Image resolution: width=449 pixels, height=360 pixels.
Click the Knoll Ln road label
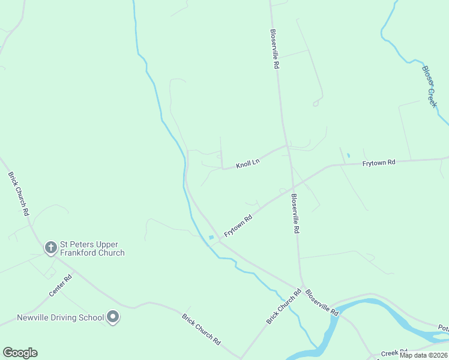pyautogui.click(x=247, y=163)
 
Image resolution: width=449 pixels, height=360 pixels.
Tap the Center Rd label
pyautogui.click(x=61, y=285)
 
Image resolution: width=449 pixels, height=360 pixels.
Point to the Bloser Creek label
pyautogui.click(x=430, y=86)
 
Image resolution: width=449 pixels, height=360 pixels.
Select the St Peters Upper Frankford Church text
pyautogui.click(x=92, y=248)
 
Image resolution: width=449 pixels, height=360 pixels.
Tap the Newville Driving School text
pyautogui.click(x=60, y=317)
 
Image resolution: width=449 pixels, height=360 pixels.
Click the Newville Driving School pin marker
pyautogui.click(x=113, y=317)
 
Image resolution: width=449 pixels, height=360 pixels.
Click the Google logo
pyautogui.click(x=20, y=353)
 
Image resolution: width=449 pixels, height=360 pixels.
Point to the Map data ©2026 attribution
pyautogui.click(x=424, y=355)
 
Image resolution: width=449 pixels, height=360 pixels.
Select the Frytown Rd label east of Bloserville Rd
pyautogui.click(x=379, y=163)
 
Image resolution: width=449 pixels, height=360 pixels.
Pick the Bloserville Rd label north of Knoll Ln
pyautogui.click(x=275, y=50)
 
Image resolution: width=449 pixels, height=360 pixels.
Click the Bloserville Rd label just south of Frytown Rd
pyautogui.click(x=295, y=213)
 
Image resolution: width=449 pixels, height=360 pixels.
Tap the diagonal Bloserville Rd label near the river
pyautogui.click(x=322, y=302)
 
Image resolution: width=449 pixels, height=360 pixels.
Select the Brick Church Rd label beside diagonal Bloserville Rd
pyautogui.click(x=284, y=307)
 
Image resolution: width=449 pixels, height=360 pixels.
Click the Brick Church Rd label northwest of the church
pyautogui.click(x=18, y=194)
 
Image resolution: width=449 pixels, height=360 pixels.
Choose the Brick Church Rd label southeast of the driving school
pyautogui.click(x=201, y=329)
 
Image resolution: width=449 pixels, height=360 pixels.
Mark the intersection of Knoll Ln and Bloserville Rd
pyautogui.click(x=287, y=145)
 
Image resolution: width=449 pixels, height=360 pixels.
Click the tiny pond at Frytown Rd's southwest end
pyautogui.click(x=211, y=238)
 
